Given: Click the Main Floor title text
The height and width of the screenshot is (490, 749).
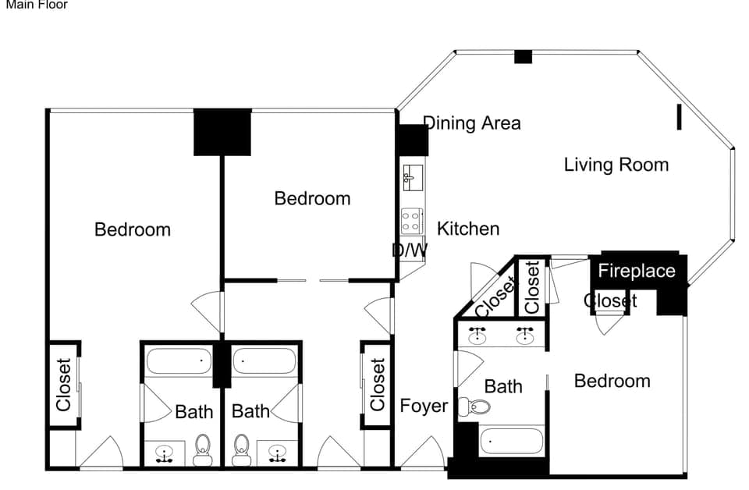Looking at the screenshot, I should point(37,5).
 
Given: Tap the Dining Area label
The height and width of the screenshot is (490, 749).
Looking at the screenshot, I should point(471,123).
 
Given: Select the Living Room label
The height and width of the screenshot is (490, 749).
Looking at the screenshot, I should point(616,165).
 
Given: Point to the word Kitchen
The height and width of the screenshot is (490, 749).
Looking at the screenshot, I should point(467,229).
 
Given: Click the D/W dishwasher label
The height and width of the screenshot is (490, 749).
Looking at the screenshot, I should point(410,250).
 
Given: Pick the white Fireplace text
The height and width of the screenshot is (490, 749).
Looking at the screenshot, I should point(636,272).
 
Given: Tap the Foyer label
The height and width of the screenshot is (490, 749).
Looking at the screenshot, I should point(424,406).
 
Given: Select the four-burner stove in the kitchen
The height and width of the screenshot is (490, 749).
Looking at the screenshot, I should point(411,221).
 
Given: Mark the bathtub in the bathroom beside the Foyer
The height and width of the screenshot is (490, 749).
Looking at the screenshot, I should point(510,441).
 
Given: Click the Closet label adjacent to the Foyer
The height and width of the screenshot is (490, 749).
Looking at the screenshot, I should point(378,385).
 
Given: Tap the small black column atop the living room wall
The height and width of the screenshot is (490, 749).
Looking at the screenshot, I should point(523,57).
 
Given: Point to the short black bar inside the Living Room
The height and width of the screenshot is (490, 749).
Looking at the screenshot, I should point(679,117).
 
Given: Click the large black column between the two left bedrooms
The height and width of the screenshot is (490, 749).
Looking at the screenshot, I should point(222,132).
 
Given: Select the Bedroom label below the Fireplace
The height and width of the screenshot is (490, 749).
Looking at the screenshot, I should point(612,381).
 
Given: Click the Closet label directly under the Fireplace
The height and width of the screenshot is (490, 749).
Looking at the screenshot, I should point(610,301).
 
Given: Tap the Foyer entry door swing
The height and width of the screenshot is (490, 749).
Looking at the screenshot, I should point(423,454).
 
